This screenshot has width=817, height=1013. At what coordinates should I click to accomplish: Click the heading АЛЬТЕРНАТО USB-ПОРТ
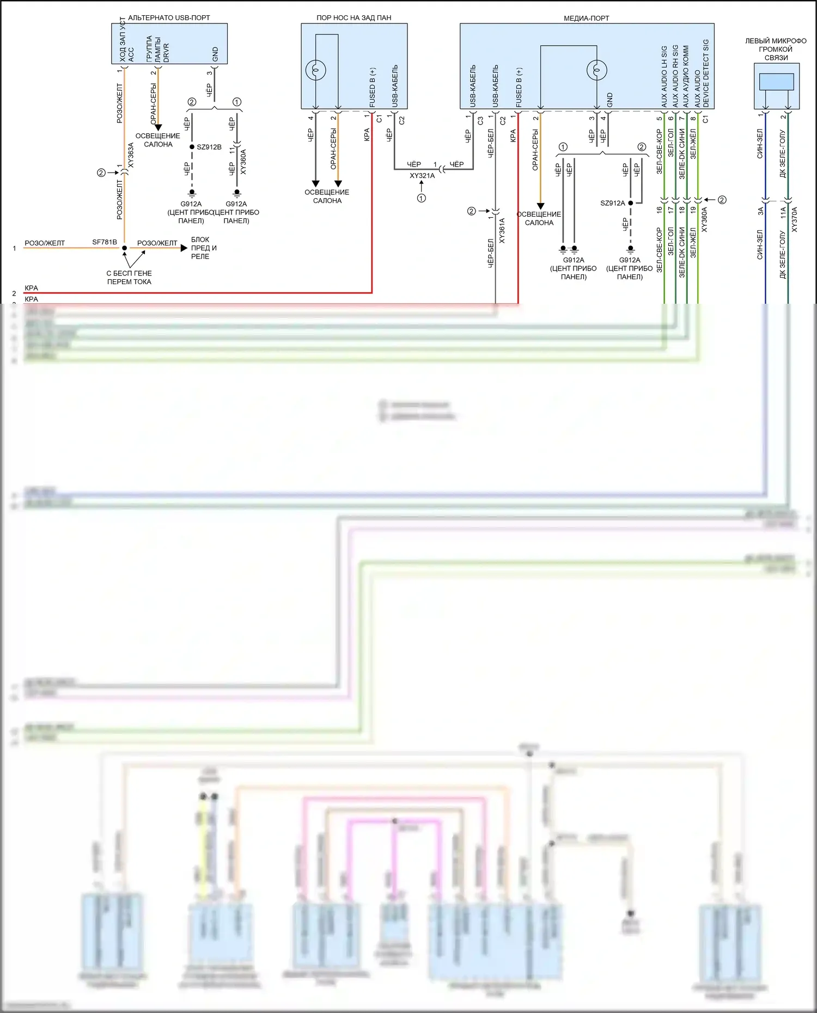click(169, 17)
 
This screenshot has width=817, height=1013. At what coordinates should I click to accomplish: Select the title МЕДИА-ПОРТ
click(586, 18)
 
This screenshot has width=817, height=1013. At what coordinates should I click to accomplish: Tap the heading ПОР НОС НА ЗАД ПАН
click(353, 17)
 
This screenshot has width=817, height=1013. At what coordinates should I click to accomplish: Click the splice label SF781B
click(105, 242)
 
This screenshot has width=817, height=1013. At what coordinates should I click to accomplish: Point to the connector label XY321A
click(422, 176)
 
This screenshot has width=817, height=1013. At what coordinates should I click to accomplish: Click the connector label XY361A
click(502, 230)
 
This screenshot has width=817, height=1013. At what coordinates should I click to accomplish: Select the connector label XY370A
click(794, 219)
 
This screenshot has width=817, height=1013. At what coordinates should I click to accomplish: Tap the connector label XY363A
click(131, 155)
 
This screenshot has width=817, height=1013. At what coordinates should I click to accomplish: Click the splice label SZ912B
click(209, 147)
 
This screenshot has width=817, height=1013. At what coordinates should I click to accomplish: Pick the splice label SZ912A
click(613, 203)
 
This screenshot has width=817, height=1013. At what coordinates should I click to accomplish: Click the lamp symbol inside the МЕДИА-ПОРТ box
click(596, 70)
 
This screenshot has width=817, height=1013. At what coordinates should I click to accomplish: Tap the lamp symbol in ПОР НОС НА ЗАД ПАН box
click(316, 70)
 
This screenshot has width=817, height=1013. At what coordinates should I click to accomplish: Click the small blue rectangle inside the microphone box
click(776, 82)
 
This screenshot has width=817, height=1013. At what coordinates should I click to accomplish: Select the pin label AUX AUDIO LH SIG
click(664, 76)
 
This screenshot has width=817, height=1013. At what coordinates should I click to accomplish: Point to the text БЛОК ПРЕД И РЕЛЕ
click(203, 248)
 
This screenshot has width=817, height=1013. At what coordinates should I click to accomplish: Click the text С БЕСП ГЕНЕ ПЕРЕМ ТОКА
click(129, 278)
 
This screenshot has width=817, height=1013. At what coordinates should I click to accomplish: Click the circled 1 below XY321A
click(422, 198)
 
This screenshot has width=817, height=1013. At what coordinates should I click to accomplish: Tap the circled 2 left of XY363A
click(101, 173)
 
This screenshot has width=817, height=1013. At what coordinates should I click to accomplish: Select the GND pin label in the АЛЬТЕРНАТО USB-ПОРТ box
click(215, 54)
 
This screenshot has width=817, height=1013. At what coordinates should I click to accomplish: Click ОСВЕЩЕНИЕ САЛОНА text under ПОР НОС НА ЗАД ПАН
click(327, 197)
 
